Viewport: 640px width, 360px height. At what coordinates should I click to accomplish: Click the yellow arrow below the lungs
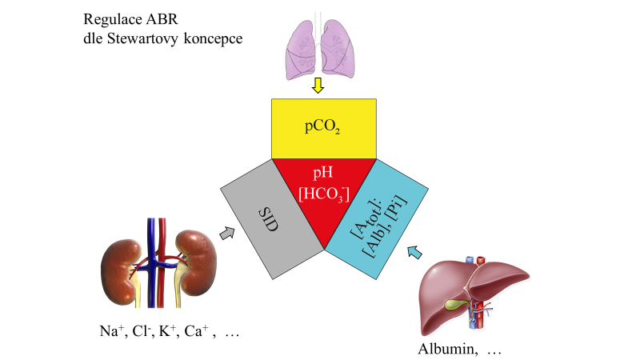point(318,85)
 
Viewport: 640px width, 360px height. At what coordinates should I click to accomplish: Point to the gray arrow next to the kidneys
point(228,233)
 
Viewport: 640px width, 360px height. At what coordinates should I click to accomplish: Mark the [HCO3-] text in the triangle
point(324,194)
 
